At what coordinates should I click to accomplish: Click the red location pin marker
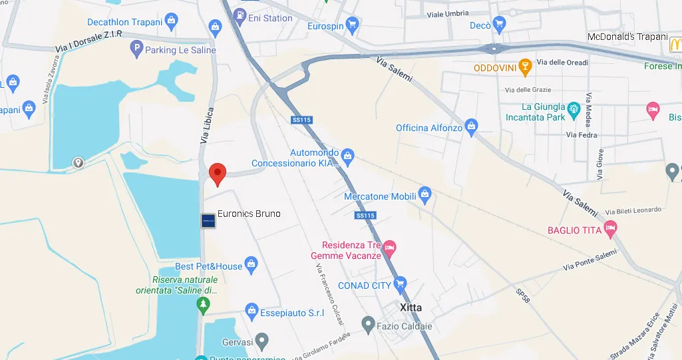218,173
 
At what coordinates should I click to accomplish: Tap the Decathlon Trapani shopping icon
172,21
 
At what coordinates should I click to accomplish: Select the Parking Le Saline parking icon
136,49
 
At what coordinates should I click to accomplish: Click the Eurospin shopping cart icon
353,26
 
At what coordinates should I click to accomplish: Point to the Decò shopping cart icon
499,25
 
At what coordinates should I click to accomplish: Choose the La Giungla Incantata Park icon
573,107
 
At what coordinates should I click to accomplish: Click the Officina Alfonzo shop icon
472,125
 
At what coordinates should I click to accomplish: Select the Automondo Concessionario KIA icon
347,158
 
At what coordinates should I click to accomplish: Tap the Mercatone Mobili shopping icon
426,196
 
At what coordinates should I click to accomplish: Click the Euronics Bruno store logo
208,220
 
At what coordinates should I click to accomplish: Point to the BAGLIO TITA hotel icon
610,230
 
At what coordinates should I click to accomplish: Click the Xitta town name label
411,307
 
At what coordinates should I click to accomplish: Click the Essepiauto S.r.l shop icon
252,309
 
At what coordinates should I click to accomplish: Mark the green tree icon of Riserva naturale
203,304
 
